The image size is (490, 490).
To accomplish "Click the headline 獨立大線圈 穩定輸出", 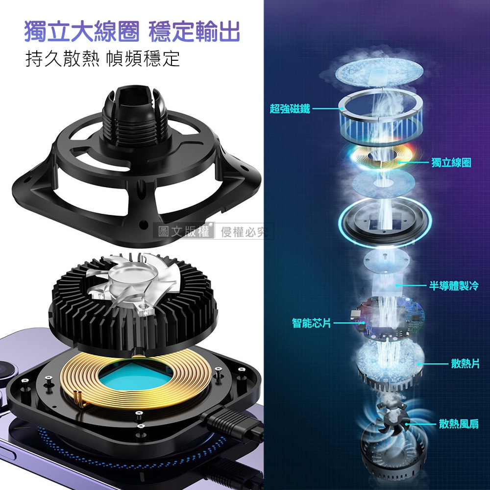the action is (x=132, y=31).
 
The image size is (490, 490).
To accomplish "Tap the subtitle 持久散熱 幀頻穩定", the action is (x=102, y=59).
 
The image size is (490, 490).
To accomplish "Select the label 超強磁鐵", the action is (x=290, y=108).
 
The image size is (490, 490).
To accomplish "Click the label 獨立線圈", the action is (x=451, y=163).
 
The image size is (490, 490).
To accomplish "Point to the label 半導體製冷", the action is (x=453, y=285).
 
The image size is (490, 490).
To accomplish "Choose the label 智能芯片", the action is (x=311, y=322).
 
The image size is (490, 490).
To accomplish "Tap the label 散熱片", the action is (x=465, y=364).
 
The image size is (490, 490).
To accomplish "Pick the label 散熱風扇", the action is (x=459, y=424).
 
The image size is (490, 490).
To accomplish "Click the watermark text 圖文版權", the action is (x=184, y=231).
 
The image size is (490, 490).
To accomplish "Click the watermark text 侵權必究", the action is (x=245, y=232).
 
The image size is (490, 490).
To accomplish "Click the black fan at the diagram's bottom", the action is (x=392, y=416).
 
